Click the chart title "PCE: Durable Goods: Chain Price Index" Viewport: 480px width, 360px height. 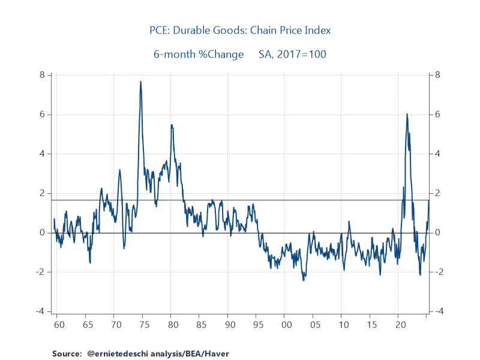point(240,30)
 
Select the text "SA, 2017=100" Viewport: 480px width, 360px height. point(293,54)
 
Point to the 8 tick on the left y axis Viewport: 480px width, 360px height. point(43,75)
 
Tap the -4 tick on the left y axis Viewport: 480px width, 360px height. point(41,311)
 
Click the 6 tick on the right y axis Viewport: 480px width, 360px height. point(438,115)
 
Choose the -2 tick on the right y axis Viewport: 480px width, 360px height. point(439,272)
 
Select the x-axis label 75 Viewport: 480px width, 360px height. point(142,325)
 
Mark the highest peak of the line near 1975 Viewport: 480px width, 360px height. point(140,82)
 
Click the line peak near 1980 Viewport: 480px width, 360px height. point(171,125)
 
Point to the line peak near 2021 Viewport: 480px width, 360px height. point(407,113)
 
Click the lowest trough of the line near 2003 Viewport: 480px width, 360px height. point(303,280)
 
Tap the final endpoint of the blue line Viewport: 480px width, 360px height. point(429,200)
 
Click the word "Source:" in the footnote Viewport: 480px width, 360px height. point(66,354)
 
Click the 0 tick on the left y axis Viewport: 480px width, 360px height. point(43,233)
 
